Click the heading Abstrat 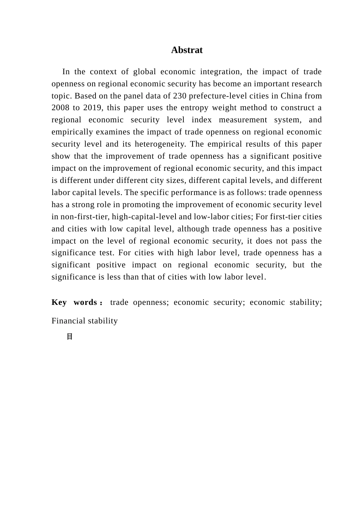[x=187, y=50]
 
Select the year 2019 [x=92, y=108]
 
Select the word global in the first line [x=144, y=72]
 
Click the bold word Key [x=59, y=303]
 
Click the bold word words [x=85, y=303]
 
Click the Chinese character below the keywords [x=69, y=337]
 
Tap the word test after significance [x=106, y=253]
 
